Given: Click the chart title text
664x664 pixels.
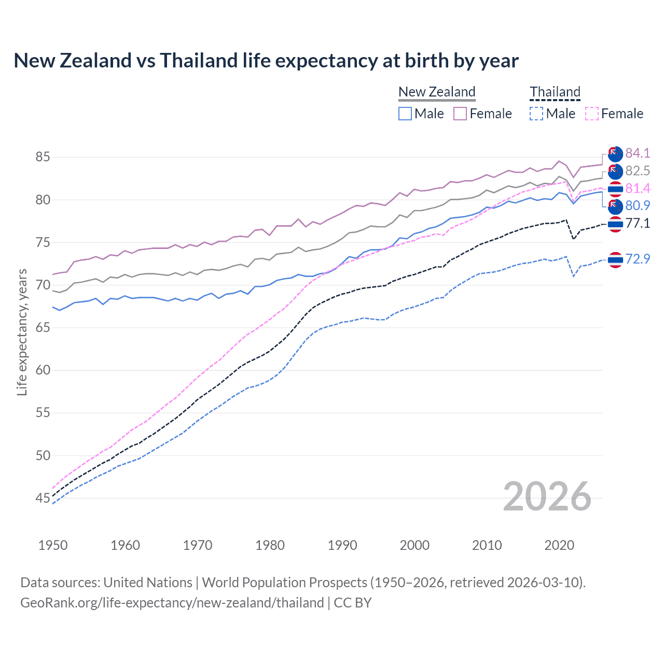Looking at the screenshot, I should (x=266, y=61).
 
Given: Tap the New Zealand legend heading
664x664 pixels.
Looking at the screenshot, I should (x=437, y=92).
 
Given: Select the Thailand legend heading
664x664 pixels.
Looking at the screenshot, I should (x=555, y=92).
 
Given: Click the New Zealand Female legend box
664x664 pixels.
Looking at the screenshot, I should (x=460, y=114).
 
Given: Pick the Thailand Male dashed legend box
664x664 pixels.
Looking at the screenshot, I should (x=536, y=114).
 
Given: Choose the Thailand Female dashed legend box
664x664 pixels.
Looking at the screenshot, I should (x=592, y=114).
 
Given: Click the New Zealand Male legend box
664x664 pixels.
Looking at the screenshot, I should (x=405, y=114).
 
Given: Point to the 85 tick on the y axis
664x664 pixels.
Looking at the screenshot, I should (x=43, y=157).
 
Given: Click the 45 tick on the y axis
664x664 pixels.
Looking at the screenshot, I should (x=43, y=499).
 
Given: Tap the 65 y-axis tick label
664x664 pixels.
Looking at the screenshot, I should (x=43, y=328).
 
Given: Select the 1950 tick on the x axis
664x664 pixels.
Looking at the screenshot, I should (x=53, y=545).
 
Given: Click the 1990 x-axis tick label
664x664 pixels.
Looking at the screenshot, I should (x=342, y=545).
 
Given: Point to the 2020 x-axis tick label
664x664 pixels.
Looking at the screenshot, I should (x=559, y=545).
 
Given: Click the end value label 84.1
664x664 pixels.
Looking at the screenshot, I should (x=638, y=153).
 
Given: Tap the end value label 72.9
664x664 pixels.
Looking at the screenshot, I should (x=638, y=259).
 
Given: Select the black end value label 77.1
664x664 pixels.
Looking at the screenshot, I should (x=638, y=224).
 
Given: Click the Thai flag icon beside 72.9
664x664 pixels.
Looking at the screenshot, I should (x=615, y=259).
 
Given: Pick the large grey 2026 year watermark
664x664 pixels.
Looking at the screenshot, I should (x=547, y=496).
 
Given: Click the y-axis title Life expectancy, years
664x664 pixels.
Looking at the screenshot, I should (x=22, y=332).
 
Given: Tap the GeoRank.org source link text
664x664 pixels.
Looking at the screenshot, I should (x=172, y=603).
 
